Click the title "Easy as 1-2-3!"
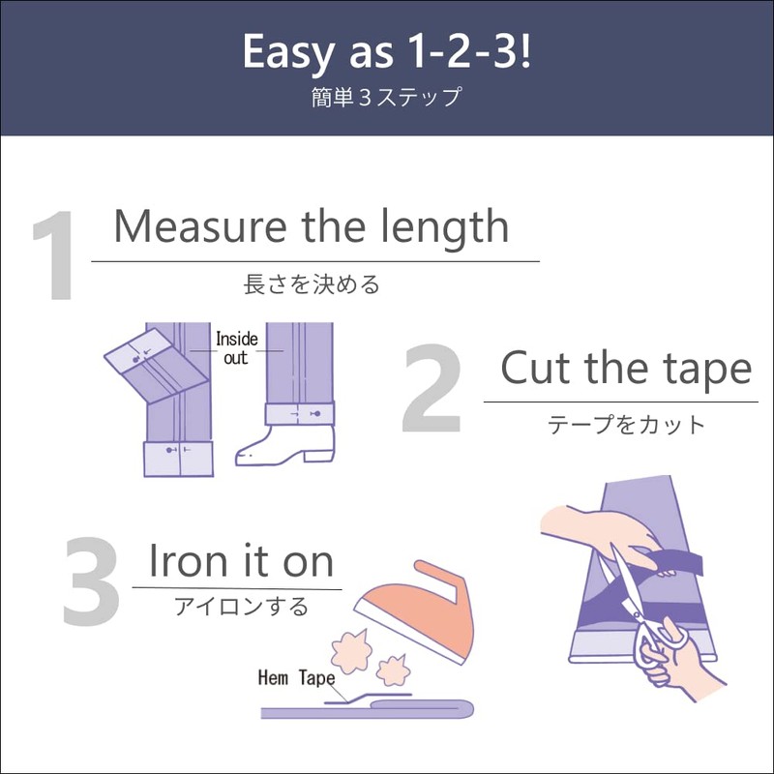tap(386, 52)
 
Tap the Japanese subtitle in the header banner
tap(386, 98)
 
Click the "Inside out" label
tap(231, 348)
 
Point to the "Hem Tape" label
tap(294, 677)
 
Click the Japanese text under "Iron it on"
tap(241, 607)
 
